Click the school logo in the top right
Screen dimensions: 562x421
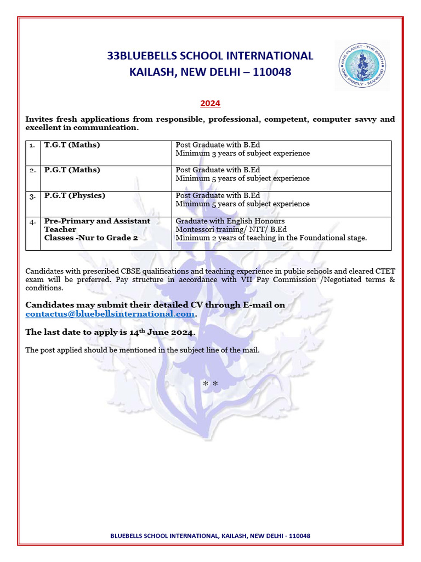(x=363, y=65)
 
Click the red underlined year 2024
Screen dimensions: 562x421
(x=210, y=103)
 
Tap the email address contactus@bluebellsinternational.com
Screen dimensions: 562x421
(x=110, y=314)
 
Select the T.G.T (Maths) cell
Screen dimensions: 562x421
(x=72, y=145)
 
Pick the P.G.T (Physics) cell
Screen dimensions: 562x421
(x=75, y=195)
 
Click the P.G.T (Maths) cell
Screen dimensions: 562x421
(x=72, y=170)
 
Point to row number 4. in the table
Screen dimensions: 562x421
(x=33, y=221)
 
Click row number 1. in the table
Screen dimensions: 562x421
(x=32, y=145)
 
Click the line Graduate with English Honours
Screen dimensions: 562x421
(x=230, y=221)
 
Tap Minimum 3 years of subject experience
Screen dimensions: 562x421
(x=242, y=154)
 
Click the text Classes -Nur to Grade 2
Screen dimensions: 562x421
(x=90, y=238)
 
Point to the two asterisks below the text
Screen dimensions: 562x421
(x=210, y=383)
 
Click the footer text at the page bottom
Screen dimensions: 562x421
(x=210, y=536)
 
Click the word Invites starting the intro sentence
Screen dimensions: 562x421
(x=41, y=120)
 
